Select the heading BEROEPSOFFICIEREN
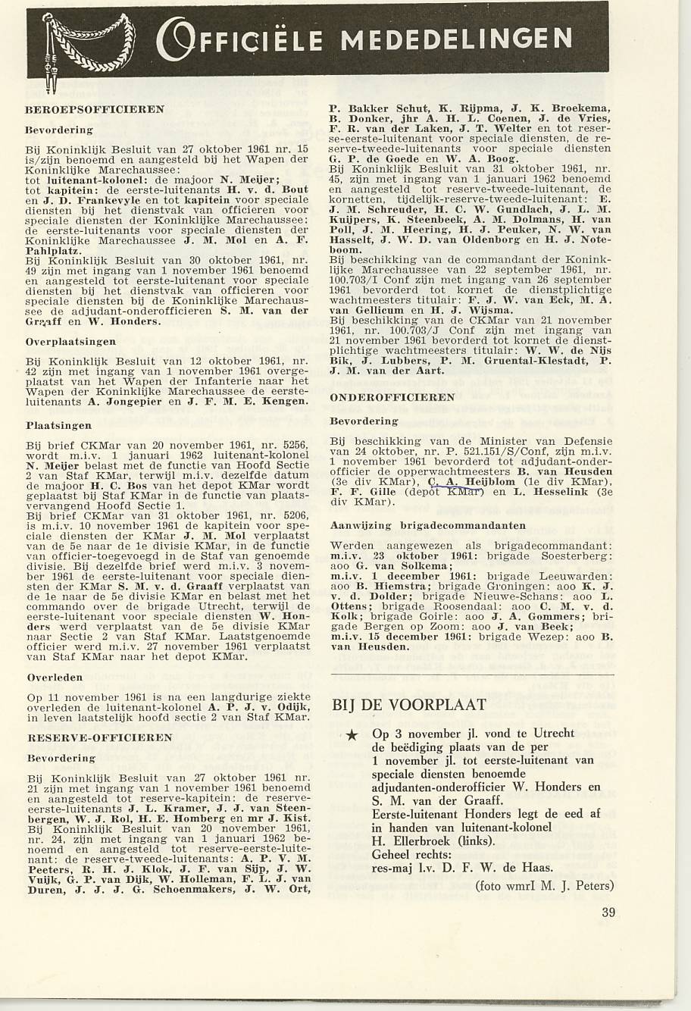95,109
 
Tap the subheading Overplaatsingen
71,342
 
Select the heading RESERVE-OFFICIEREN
99,737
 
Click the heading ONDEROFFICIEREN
392,397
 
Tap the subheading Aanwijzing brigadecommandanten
428,524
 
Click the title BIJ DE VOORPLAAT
409,706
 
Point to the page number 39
608,912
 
